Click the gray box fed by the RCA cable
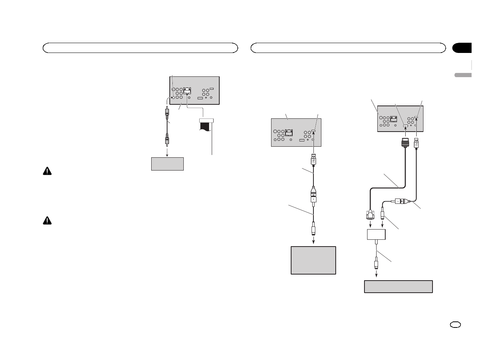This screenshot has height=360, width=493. (167, 164)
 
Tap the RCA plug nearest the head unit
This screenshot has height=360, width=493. (166, 112)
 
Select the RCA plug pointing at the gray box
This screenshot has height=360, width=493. (166, 141)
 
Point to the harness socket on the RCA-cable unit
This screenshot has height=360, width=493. (187, 91)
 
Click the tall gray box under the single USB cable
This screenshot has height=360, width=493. (313, 260)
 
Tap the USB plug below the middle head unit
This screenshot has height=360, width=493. (313, 159)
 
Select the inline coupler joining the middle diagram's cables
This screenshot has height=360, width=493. (313, 194)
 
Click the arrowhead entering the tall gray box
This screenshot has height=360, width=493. (313, 244)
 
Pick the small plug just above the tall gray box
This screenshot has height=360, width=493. (313, 230)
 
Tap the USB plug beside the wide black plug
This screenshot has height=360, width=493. (416, 144)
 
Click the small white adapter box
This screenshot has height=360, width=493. (376, 234)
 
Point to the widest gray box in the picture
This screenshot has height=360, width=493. (398, 286)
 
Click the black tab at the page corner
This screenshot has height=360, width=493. (462, 48)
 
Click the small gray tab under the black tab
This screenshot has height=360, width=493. (462, 75)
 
